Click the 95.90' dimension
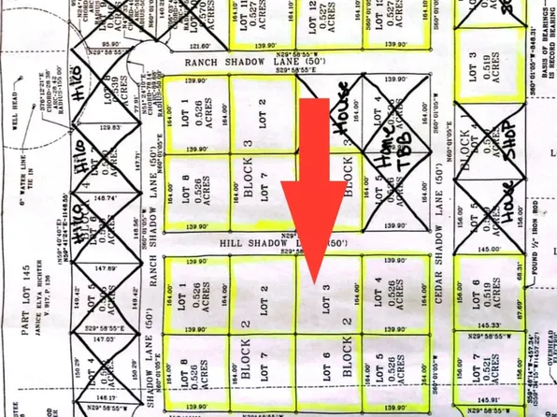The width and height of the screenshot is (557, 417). pyautogui.click(x=111, y=44)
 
